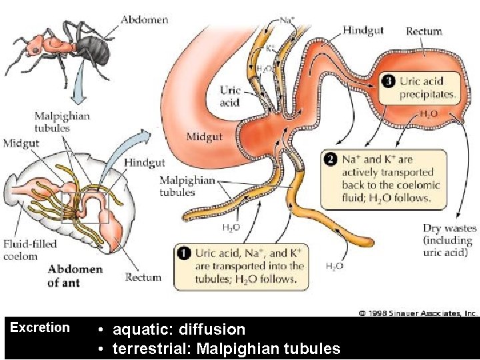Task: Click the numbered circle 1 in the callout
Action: tap(183, 253)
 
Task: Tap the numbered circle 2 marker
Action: tap(329, 160)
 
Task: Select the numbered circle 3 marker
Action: tap(389, 81)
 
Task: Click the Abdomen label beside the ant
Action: tap(145, 19)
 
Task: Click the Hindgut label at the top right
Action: tap(363, 30)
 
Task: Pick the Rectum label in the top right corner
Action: tap(424, 31)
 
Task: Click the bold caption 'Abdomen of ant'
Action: tap(75, 276)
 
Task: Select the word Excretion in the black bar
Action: tap(40, 327)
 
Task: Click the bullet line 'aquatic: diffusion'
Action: tap(179, 329)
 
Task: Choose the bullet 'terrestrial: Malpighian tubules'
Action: tap(226, 349)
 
